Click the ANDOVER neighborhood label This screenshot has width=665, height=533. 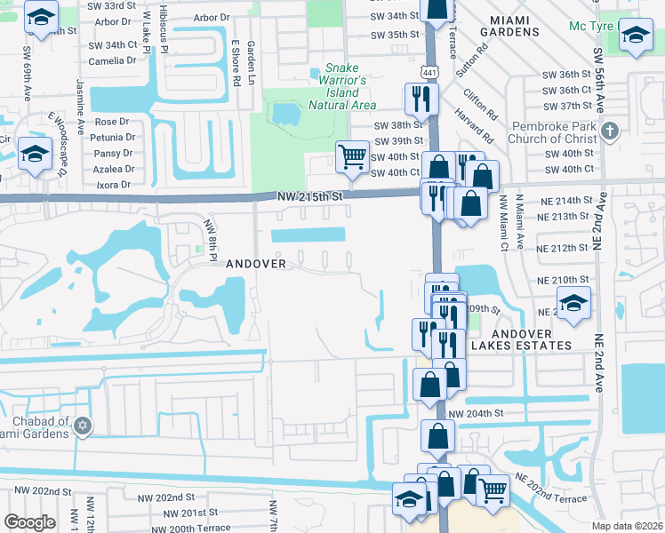256,264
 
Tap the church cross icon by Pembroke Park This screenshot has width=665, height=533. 609,131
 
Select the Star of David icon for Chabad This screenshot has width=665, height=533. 83,426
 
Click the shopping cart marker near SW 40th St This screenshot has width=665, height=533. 352,157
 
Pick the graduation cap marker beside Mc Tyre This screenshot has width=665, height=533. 635,36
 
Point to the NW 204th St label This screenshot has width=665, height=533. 476,414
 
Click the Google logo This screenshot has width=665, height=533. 29,522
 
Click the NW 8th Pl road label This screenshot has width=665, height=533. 211,241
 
